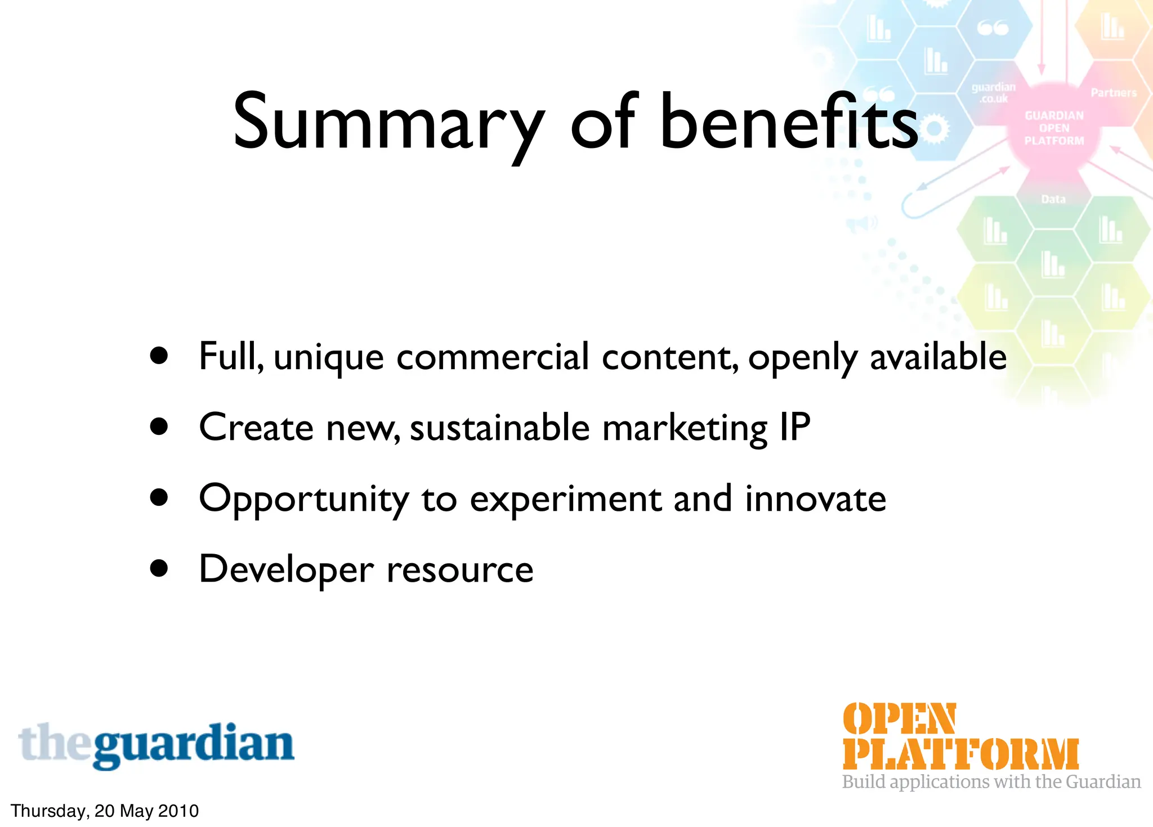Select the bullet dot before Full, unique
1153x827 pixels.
click(159, 356)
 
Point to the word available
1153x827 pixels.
click(938, 357)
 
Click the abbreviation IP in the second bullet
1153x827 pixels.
click(794, 428)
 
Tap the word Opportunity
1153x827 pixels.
click(304, 500)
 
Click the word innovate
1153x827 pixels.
click(815, 498)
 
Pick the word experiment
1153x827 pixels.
click(565, 500)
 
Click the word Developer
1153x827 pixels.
click(286, 569)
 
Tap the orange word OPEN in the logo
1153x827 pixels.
click(899, 719)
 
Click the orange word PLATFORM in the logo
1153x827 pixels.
click(960, 754)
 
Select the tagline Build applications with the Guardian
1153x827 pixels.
click(991, 782)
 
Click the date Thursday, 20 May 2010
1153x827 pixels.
click(105, 811)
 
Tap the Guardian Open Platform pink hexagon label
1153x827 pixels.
click(1054, 128)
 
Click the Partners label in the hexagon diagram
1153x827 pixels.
click(1114, 93)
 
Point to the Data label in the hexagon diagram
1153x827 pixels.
click(1053, 199)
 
